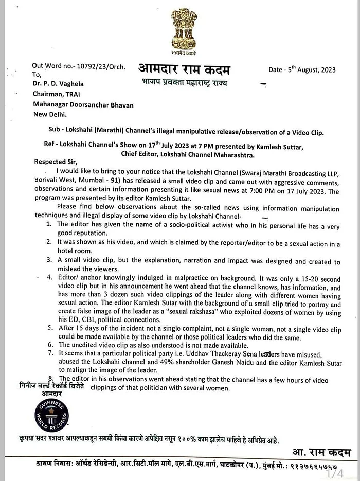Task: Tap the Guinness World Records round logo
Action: point(51,415)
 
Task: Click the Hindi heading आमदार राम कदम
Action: point(185,70)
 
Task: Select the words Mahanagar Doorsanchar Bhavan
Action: point(83,105)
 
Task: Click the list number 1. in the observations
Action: point(49,224)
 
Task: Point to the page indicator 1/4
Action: point(340,471)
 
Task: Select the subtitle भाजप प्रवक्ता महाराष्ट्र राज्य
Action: point(185,83)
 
